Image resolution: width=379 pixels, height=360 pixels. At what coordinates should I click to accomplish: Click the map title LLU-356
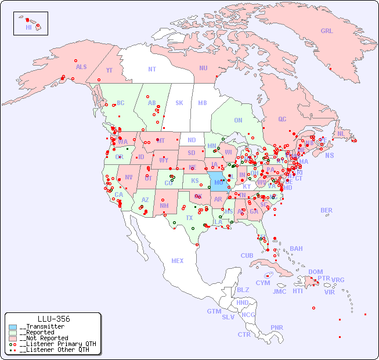[53, 319]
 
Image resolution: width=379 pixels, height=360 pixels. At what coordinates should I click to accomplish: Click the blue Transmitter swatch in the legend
[13, 327]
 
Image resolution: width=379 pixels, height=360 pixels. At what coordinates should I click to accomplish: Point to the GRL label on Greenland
[327, 31]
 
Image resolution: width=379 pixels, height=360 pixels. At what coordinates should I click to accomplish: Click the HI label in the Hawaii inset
[28, 27]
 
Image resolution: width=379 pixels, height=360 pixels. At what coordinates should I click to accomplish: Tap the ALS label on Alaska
[81, 67]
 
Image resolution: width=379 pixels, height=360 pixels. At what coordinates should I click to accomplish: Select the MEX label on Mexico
[178, 261]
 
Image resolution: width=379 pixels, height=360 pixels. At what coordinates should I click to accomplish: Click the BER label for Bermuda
[327, 210]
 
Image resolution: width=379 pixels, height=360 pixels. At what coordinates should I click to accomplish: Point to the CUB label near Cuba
[247, 255]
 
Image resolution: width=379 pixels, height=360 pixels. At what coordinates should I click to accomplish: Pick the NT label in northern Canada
[152, 69]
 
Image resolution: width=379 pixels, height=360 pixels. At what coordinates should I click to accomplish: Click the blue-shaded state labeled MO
[218, 182]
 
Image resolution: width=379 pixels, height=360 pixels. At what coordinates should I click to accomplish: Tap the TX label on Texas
[189, 218]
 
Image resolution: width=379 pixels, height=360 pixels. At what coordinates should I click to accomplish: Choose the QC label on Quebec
[282, 119]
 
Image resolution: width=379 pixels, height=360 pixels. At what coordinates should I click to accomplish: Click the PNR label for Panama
[277, 327]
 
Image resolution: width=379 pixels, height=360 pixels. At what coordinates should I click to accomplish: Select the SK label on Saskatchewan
[179, 103]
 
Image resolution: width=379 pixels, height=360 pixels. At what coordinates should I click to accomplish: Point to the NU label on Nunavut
[203, 68]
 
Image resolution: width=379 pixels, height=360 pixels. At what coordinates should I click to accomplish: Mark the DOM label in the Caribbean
[315, 272]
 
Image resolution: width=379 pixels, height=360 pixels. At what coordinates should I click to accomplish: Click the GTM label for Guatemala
[214, 311]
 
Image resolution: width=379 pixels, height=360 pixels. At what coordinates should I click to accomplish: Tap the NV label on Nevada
[128, 177]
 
